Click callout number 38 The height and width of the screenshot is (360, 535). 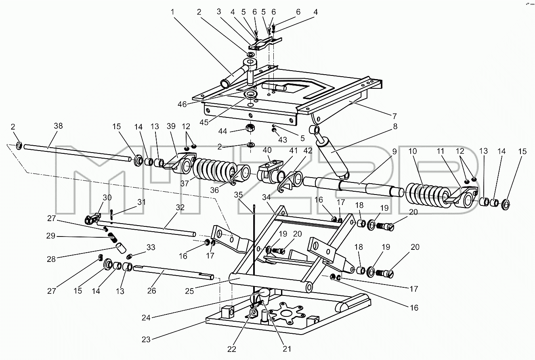coord(58,126)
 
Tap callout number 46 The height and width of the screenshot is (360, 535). coord(182,104)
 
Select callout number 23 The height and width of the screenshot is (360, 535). coord(146,339)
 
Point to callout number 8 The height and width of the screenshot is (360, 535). coord(395,126)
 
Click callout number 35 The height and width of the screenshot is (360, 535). coord(238,195)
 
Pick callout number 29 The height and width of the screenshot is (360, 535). coord(51,236)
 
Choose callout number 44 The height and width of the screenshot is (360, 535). coord(222,131)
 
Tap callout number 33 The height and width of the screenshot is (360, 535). coord(151,247)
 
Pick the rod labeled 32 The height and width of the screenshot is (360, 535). coord(146,228)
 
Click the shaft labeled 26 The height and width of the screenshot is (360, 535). coord(173,272)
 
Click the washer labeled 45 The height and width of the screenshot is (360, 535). coord(250,95)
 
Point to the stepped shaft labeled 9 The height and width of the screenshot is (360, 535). coord(353,187)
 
